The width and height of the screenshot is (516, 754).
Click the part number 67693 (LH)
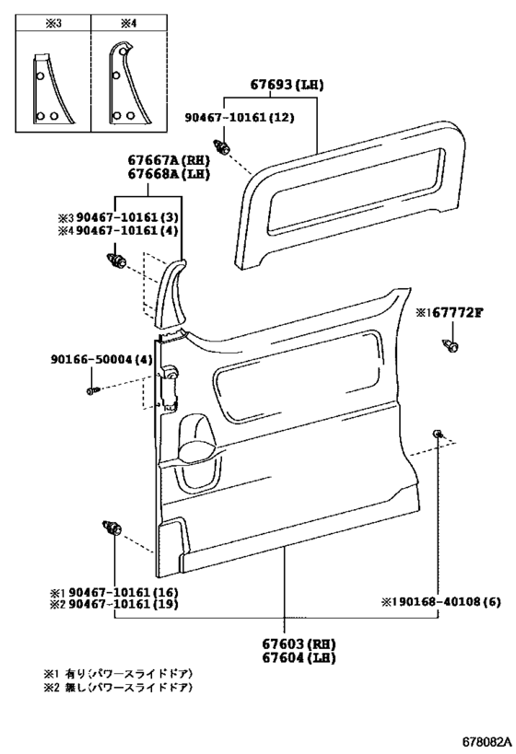coord(287,85)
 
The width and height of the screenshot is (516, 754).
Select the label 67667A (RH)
coord(169,159)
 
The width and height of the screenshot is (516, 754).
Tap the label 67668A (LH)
coord(169,174)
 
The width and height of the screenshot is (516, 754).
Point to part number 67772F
coord(457,313)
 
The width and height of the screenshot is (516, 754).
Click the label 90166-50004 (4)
coord(101,359)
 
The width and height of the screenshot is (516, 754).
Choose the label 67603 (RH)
coord(299,644)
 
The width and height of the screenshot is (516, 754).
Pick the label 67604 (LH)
coord(299,657)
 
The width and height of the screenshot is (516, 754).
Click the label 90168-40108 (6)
coord(446,601)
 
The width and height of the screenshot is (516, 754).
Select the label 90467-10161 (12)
coord(240,117)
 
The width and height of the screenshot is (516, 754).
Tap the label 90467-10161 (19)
coord(123,604)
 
